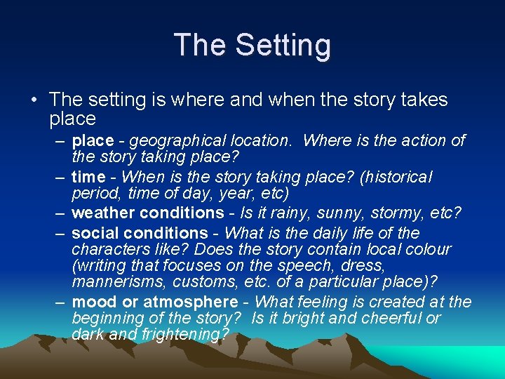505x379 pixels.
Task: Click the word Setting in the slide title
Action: click(x=283, y=45)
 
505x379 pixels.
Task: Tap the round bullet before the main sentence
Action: click(x=34, y=100)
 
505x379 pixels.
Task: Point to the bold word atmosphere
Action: click(x=191, y=302)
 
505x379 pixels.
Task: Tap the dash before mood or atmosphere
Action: click(x=61, y=302)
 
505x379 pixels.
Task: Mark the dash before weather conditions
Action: click(x=61, y=213)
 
